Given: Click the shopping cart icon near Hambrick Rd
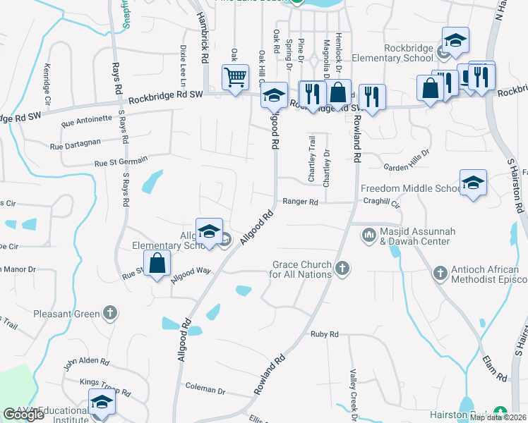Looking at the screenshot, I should point(235,77).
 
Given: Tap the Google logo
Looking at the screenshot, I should point(23,415).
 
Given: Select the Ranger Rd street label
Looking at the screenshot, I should point(301,202).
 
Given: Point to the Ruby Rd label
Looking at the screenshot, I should point(325,334).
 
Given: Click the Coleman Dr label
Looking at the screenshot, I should point(205,388).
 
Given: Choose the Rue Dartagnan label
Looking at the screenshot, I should point(77,145).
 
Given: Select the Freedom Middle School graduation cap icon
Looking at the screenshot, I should point(472,183).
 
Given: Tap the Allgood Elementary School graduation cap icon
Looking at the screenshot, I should point(209,231).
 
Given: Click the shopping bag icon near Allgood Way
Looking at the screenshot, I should point(160,264).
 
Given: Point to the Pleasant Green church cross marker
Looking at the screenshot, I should point(109,312).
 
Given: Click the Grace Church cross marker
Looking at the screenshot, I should point(342,268).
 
